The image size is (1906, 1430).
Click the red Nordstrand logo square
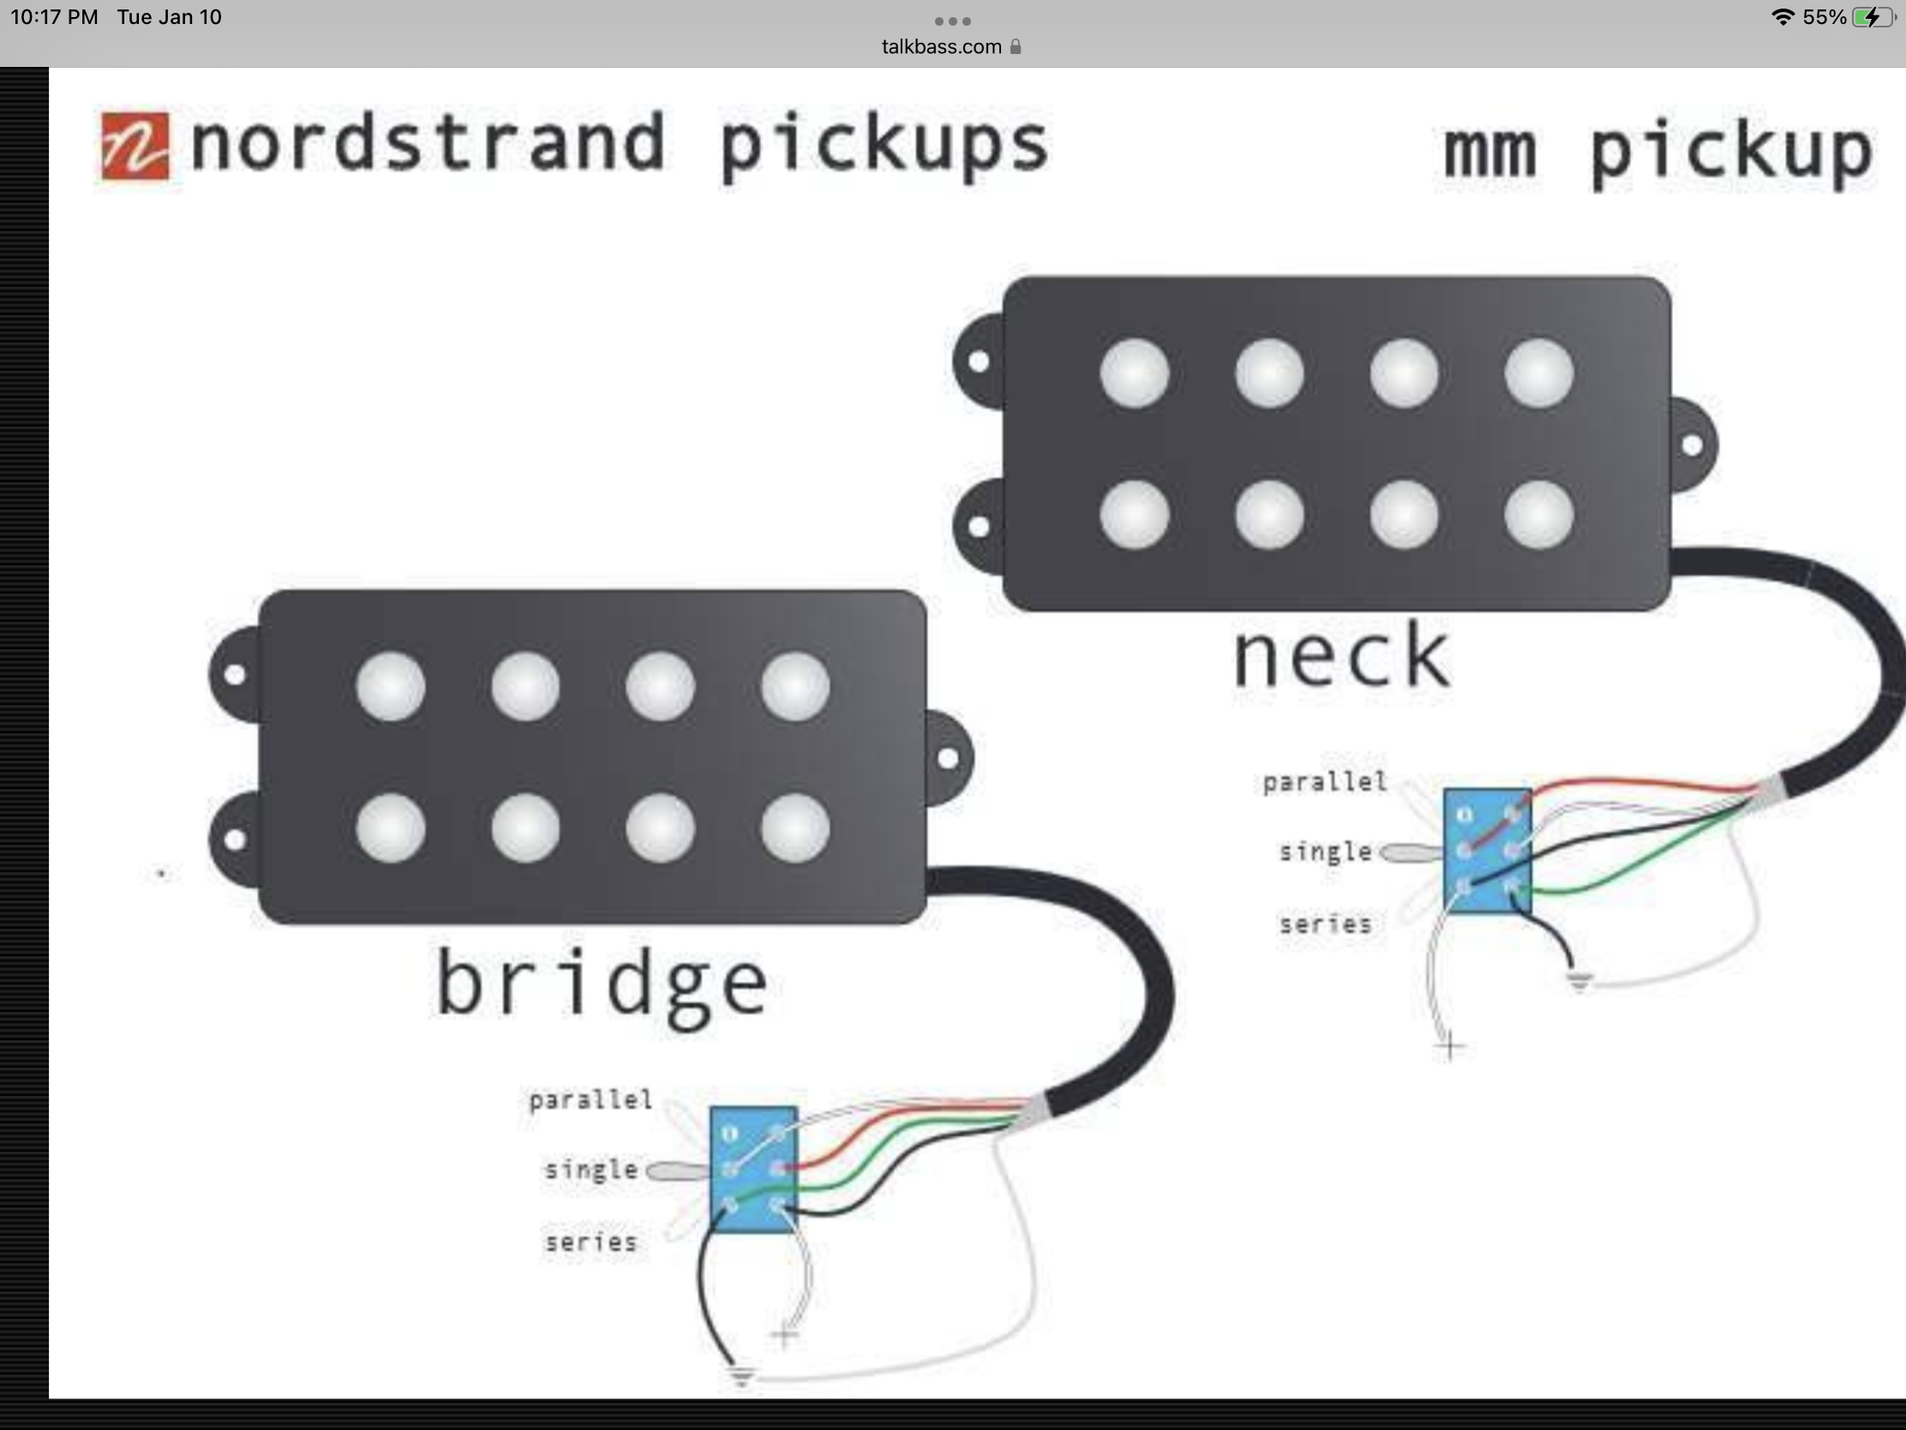[135, 147]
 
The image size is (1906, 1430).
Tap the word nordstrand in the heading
[428, 142]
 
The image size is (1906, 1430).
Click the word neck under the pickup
[1342, 657]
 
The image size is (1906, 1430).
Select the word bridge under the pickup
[602, 986]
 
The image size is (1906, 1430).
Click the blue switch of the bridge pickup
[753, 1169]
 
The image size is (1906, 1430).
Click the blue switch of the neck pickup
[1487, 850]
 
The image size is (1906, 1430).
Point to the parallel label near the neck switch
[1324, 782]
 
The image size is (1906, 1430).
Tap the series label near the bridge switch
[591, 1242]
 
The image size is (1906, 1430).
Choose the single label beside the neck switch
[1325, 851]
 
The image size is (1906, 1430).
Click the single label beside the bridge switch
[591, 1169]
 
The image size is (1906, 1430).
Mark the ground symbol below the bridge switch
[741, 1375]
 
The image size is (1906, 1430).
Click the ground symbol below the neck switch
[1579, 982]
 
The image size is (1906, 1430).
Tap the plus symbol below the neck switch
[1450, 1048]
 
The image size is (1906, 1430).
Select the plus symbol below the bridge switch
[784, 1337]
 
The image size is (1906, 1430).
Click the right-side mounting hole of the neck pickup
[1692, 446]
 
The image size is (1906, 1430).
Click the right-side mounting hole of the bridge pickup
[948, 759]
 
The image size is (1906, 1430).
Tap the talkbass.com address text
[941, 46]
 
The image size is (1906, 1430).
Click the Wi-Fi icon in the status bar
[1783, 16]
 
